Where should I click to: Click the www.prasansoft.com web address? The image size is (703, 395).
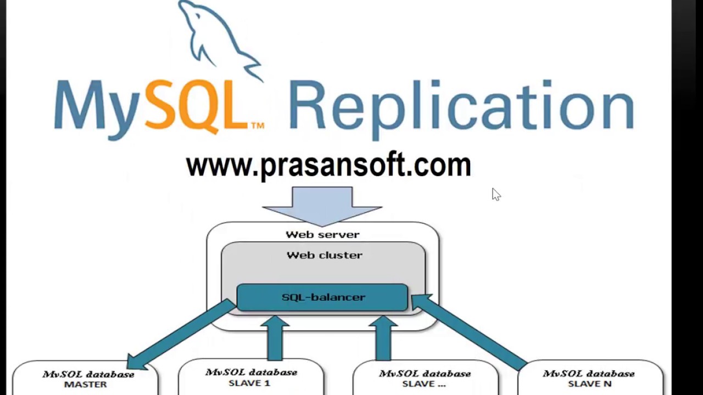pyautogui.click(x=328, y=165)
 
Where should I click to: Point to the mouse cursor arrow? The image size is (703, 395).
pyautogui.click(x=495, y=194)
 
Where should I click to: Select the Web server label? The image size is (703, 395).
pyautogui.click(x=322, y=235)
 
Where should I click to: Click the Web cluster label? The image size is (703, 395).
pyautogui.click(x=324, y=255)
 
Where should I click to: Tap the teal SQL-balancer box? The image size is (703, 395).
pyautogui.click(x=322, y=297)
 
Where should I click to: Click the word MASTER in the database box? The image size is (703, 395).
pyautogui.click(x=86, y=385)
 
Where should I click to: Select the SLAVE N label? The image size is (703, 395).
pyautogui.click(x=589, y=384)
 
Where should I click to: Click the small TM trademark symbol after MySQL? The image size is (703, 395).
pyautogui.click(x=257, y=126)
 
